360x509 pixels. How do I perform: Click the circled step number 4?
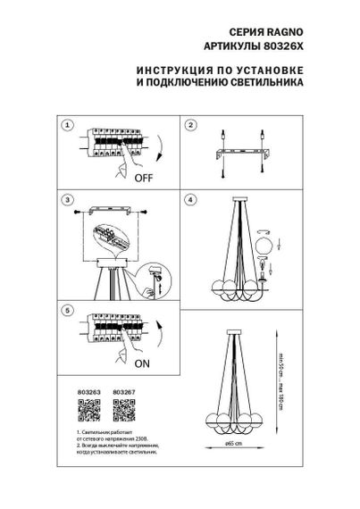click(x=190, y=199)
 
